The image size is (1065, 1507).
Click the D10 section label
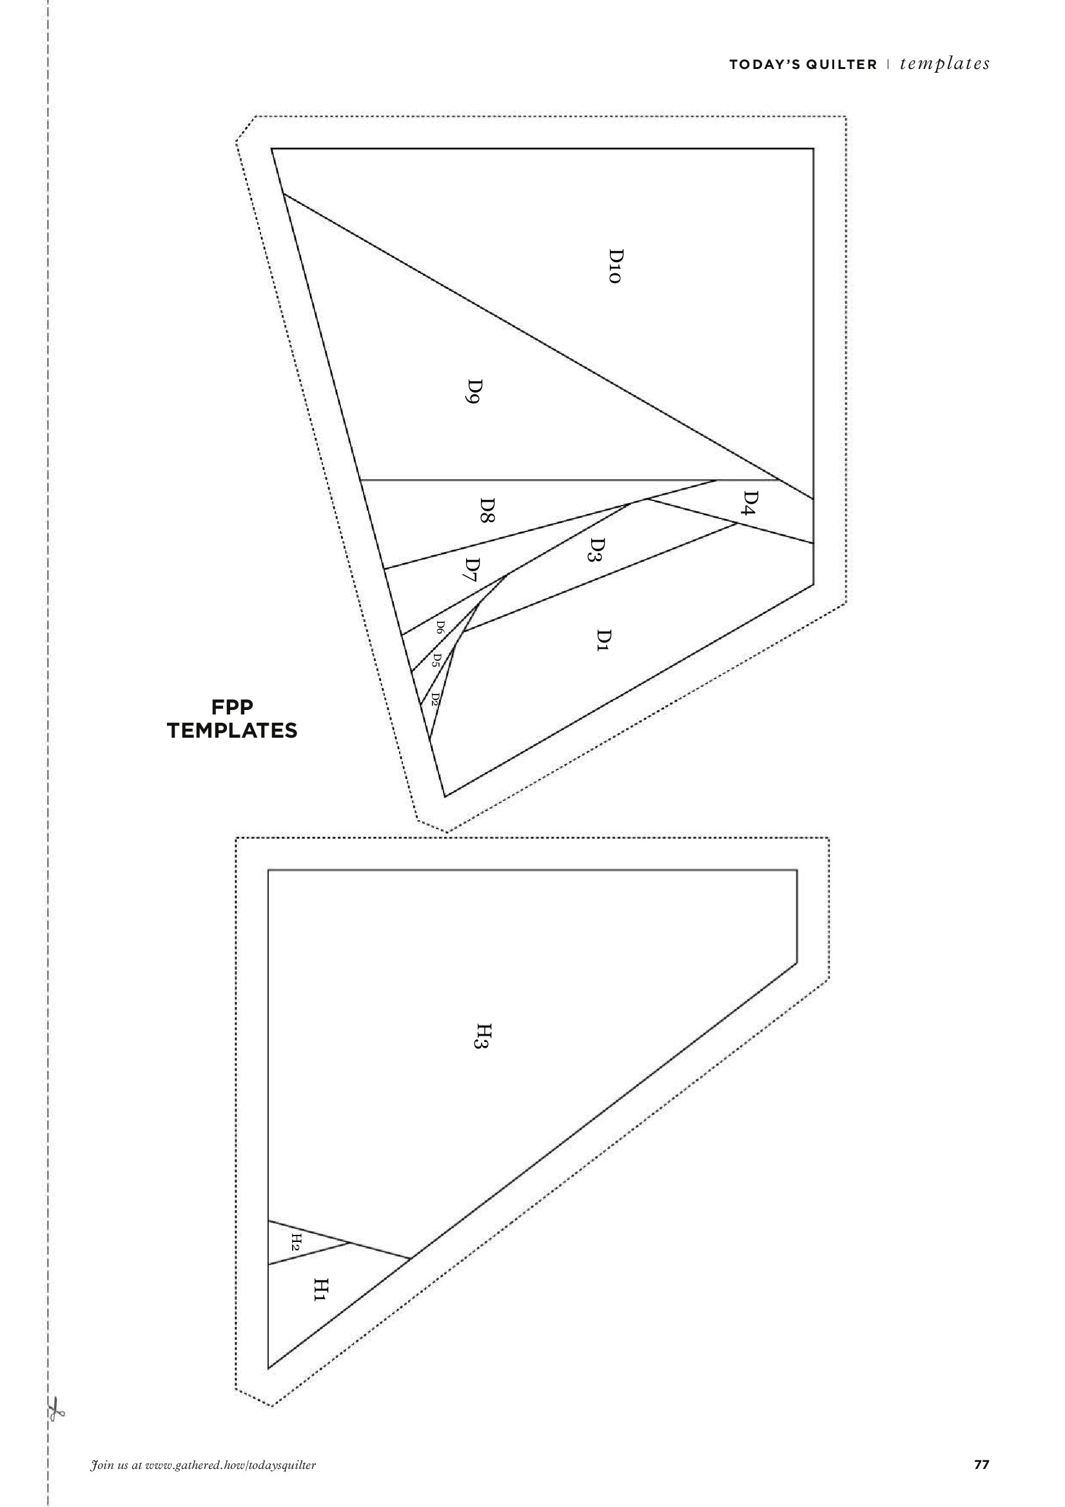(614, 266)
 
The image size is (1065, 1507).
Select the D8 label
(487, 509)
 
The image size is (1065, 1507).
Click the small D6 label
(441, 628)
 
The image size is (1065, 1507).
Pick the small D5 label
(435, 660)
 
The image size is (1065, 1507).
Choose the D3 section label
(596, 550)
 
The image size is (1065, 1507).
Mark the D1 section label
(603, 639)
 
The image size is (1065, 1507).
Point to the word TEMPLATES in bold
(232, 731)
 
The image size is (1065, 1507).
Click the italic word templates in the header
(945, 64)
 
